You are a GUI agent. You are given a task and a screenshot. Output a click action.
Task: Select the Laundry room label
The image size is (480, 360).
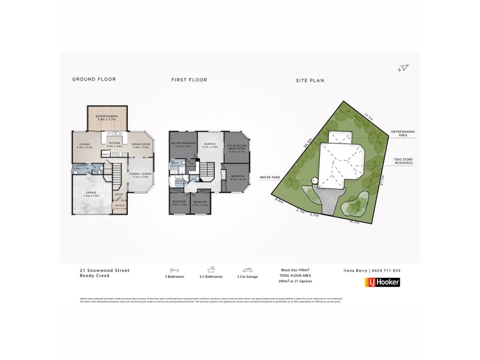click(x=80, y=168)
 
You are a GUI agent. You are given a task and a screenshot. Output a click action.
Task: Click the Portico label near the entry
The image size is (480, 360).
click(x=119, y=208)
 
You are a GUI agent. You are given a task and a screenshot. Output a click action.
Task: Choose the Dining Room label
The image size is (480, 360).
click(x=140, y=145)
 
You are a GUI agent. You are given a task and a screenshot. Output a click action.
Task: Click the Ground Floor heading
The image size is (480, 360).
click(x=94, y=79)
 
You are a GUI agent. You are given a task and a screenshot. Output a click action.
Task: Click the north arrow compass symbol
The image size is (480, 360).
click(x=403, y=67)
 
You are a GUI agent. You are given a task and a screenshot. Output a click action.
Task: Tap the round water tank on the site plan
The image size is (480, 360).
click(x=313, y=181)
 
